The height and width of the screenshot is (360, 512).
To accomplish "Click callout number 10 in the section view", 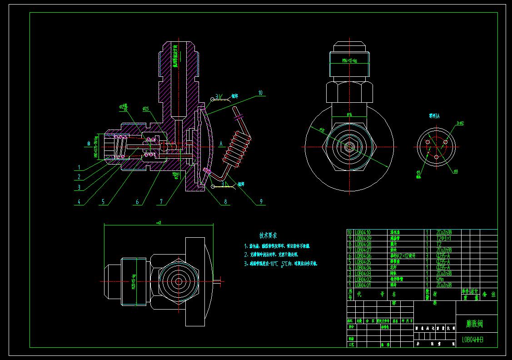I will (x=260, y=93).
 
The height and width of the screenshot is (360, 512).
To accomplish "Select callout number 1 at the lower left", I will (x=79, y=167).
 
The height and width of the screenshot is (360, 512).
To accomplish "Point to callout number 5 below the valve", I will (x=103, y=201).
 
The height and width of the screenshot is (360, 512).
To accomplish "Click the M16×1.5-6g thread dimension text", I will (x=349, y=60).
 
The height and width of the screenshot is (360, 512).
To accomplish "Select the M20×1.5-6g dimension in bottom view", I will (x=134, y=281).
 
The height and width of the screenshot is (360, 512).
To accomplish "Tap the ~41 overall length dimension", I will (x=159, y=222).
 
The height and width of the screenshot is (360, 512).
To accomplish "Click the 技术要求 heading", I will (x=268, y=235).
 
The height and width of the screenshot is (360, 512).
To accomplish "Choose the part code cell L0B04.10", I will (x=363, y=232).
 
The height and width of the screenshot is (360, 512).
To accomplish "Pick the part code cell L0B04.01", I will (x=363, y=285).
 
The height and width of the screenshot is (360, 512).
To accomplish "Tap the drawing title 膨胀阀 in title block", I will (x=474, y=324).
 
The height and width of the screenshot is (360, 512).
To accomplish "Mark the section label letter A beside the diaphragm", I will (x=221, y=143).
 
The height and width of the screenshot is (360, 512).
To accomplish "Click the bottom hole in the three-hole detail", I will (x=436, y=156).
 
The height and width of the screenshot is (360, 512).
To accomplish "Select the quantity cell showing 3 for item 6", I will (x=427, y=256).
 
